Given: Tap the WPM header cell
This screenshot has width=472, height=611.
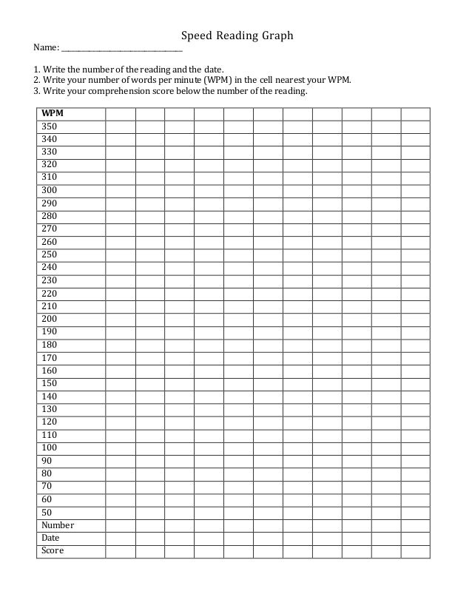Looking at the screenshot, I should pyautogui.click(x=53, y=113).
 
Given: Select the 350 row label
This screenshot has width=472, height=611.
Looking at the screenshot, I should pyautogui.click(x=50, y=126).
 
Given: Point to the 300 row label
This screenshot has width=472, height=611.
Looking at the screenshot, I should pyautogui.click(x=50, y=190).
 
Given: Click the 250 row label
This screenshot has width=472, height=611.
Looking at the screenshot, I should pyautogui.click(x=50, y=254).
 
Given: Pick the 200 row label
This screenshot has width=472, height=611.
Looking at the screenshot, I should pyautogui.click(x=50, y=319).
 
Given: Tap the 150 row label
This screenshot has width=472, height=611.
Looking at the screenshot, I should pyautogui.click(x=50, y=383).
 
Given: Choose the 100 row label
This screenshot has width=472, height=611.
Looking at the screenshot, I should pyautogui.click(x=50, y=448).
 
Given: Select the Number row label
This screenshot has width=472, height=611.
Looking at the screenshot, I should pyautogui.click(x=58, y=525).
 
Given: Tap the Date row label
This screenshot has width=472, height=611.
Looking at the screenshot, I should pyautogui.click(x=51, y=538).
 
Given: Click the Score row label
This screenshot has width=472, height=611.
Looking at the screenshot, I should pyautogui.click(x=53, y=550).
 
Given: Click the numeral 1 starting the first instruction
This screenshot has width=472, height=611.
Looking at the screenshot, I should pyautogui.click(x=36, y=70).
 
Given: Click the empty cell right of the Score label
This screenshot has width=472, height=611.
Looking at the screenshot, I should pyautogui.click(x=121, y=551).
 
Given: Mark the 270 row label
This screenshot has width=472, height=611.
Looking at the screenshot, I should pyautogui.click(x=50, y=229).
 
